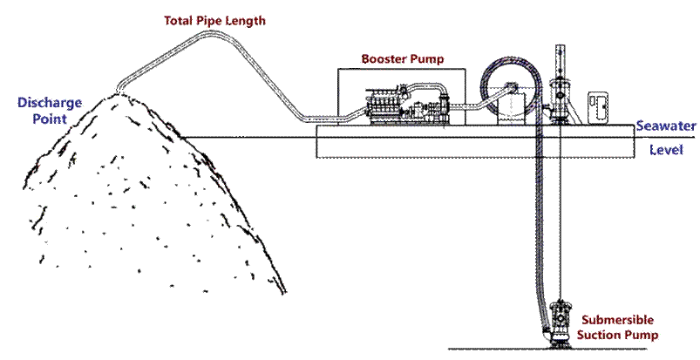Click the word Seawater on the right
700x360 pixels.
click(666, 126)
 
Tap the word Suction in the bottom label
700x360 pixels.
click(600, 333)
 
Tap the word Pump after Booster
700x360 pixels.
click(425, 59)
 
